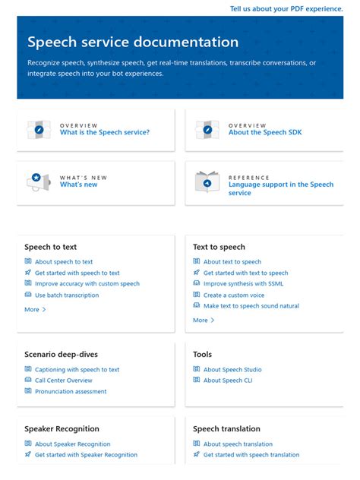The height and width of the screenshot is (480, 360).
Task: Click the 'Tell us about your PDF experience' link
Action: click(286, 9)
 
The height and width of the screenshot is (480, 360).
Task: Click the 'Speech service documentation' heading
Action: click(133, 43)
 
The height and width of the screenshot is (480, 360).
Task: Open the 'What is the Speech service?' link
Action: click(105, 132)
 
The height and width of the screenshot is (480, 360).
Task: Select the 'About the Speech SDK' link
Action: click(265, 132)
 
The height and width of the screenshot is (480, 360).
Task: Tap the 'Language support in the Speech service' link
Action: click(280, 188)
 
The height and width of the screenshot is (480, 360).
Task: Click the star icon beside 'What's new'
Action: click(36, 178)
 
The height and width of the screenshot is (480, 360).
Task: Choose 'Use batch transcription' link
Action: click(67, 295)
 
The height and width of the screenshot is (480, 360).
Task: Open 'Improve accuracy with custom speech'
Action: click(87, 283)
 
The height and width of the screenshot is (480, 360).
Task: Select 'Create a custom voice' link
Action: click(233, 295)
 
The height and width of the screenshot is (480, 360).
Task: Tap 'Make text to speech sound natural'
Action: click(251, 306)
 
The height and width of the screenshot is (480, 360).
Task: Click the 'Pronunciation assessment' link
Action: click(71, 392)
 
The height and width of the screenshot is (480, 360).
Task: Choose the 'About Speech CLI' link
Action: click(232, 381)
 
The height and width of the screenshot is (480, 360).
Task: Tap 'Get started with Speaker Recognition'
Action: click(86, 455)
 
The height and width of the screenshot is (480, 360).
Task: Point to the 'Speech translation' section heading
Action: click(226, 429)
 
